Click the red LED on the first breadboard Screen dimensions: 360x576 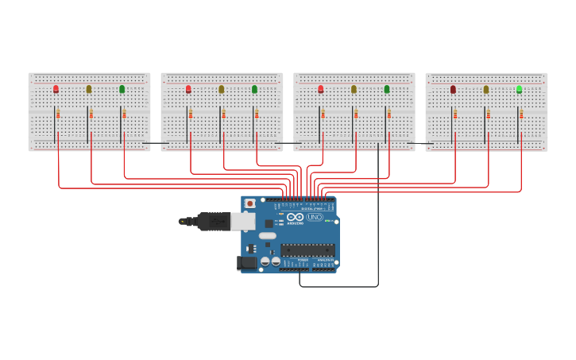[56, 89]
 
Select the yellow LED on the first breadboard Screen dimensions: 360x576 [89, 89]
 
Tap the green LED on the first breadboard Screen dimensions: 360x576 [122, 89]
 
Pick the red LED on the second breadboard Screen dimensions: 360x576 [188, 89]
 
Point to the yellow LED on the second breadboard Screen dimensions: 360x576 [222, 89]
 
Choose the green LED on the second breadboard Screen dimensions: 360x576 [255, 89]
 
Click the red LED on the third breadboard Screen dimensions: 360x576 [321, 89]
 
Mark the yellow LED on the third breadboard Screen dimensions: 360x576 [354, 89]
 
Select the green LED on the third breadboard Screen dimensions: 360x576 [387, 89]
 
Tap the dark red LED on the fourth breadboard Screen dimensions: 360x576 [453, 89]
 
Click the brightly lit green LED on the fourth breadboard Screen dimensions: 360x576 [520, 89]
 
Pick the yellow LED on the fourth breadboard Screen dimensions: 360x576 [486, 89]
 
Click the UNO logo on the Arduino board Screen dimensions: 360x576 [315, 217]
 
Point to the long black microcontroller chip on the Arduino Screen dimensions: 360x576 [307, 250]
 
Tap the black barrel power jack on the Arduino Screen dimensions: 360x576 [247, 262]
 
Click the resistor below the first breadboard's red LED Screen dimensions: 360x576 [58, 114]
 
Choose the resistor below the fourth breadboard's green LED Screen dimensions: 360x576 [521, 114]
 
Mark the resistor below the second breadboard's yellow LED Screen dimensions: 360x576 [224, 114]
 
